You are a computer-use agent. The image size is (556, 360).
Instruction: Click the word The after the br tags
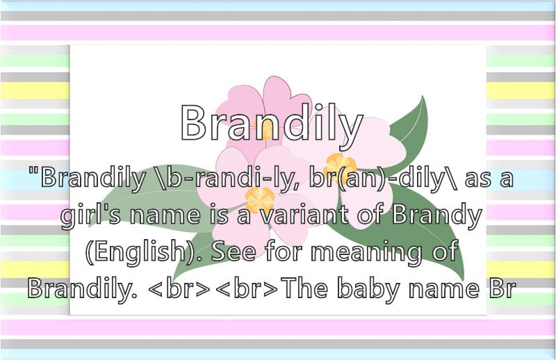pos(306,288)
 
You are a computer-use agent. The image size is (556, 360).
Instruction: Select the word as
pos(478,179)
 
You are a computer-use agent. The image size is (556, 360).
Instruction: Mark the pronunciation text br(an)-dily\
pos(384,179)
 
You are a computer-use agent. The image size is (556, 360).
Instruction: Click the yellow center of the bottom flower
pos(259,199)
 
